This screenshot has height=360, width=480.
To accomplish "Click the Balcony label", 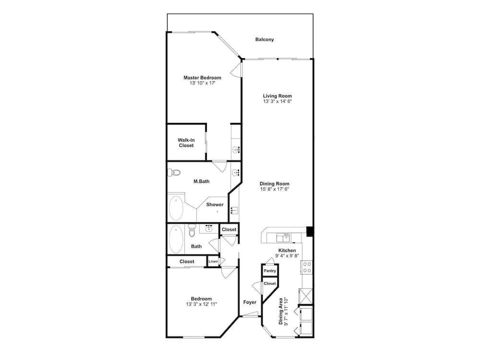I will pyautogui.click(x=264, y=39).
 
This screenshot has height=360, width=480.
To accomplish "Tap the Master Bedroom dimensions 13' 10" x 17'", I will pyautogui.click(x=202, y=83).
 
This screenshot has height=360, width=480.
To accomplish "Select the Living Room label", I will pyautogui.click(x=277, y=96).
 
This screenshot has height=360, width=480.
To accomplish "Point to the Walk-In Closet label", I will pyautogui.click(x=186, y=143).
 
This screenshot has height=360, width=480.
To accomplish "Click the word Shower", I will pyautogui.click(x=215, y=204).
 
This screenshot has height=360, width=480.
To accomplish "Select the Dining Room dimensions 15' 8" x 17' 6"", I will pyautogui.click(x=275, y=189).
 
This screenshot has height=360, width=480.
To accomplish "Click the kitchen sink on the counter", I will pyautogui.click(x=283, y=237).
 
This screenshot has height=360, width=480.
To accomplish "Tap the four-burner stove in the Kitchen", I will pyautogui.click(x=307, y=267).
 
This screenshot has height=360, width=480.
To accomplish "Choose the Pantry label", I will pyautogui.click(x=270, y=271).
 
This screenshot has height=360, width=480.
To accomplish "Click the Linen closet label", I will pyautogui.click(x=213, y=261).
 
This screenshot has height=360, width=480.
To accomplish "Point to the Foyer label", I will pyautogui.click(x=250, y=302).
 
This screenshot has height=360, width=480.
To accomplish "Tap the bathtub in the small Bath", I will pyautogui.click(x=176, y=239).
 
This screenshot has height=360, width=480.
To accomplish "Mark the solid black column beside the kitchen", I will pyautogui.click(x=310, y=232).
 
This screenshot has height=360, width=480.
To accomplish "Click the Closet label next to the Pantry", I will pyautogui.click(x=270, y=283).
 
